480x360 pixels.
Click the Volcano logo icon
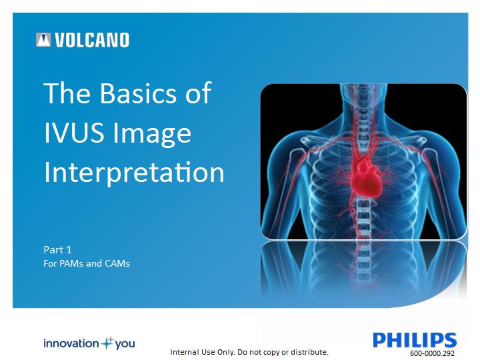[43, 40]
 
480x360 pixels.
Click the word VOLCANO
[92, 40]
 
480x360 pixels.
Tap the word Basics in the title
[139, 93]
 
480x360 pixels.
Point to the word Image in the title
[152, 135]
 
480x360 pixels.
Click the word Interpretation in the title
[135, 173]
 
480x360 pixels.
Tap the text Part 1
[57, 250]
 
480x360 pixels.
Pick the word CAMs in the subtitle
[117, 263]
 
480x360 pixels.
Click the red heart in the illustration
[366, 179]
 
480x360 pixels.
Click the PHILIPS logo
[415, 340]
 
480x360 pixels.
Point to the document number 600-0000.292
[432, 353]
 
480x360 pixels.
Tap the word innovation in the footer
[71, 343]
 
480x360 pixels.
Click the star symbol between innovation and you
[107, 343]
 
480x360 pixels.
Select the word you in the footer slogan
[125, 345]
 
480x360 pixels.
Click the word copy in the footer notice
[271, 353]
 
